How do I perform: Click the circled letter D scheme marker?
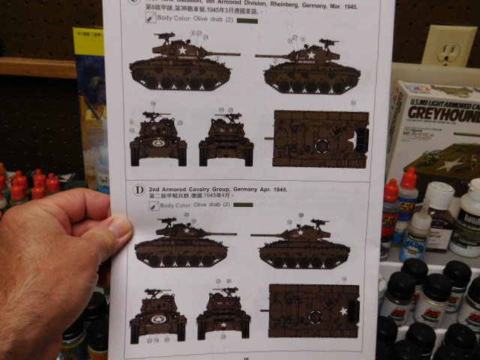tap(139, 190)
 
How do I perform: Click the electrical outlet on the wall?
tap(448, 50)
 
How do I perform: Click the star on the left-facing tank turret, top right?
tap(310, 55)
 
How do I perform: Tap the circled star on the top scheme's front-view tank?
tap(159, 142)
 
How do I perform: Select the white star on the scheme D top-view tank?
tap(343, 310)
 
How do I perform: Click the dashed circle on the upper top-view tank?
tap(323, 145)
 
